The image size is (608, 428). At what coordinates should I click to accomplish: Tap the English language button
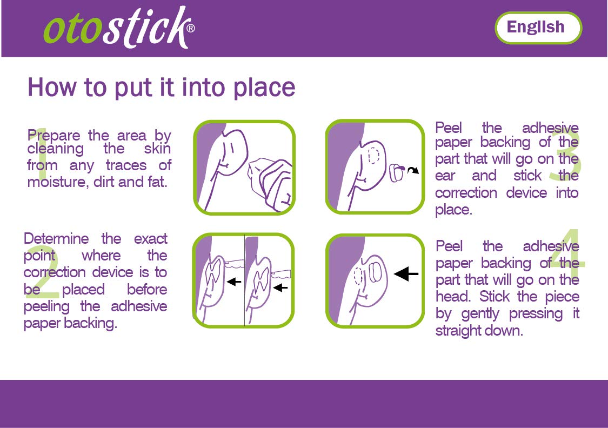pos(537,27)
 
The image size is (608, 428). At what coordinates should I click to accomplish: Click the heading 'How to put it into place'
pos(161,88)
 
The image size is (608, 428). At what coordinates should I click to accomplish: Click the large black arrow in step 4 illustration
pos(406,275)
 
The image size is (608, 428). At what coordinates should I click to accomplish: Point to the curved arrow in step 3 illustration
pos(412,171)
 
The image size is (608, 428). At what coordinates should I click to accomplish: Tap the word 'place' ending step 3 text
pos(453,210)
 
